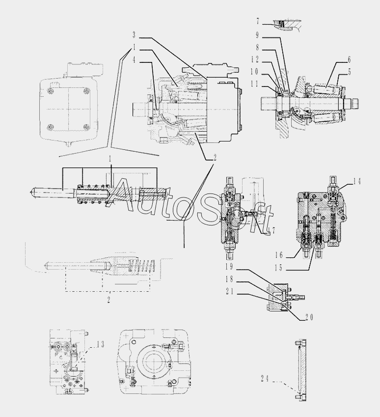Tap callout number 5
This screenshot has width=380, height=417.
(x=349, y=72)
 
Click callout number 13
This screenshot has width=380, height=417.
(x=101, y=344)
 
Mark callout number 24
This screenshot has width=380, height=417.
(x=265, y=378)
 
